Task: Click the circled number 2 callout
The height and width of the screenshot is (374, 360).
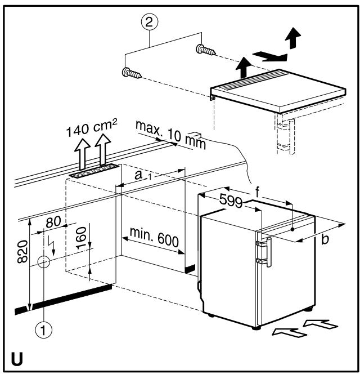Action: (150, 22)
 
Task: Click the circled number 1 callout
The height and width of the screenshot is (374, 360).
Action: (43, 330)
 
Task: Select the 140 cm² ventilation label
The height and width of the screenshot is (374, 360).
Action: (92, 128)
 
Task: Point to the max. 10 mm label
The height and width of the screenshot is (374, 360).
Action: (170, 135)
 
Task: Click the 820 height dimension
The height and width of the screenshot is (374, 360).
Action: (23, 252)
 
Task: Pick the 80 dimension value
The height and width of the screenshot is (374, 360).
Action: (53, 222)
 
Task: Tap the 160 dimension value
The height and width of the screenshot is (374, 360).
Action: (81, 238)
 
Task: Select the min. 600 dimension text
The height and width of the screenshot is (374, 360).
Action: (154, 237)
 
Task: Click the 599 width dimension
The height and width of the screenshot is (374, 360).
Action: (231, 201)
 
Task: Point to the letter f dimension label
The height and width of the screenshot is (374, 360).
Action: (257, 192)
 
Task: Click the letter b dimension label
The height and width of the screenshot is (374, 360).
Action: (325, 239)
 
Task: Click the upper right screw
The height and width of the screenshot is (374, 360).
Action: (206, 50)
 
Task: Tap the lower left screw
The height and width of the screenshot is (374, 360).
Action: (132, 73)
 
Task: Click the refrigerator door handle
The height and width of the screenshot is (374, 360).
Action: (269, 252)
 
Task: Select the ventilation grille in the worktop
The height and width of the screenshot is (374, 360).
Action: (94, 171)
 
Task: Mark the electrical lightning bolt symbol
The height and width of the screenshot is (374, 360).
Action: (52, 246)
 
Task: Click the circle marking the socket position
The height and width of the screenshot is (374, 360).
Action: (44, 262)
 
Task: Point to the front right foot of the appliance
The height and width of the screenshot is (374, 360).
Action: (256, 328)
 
